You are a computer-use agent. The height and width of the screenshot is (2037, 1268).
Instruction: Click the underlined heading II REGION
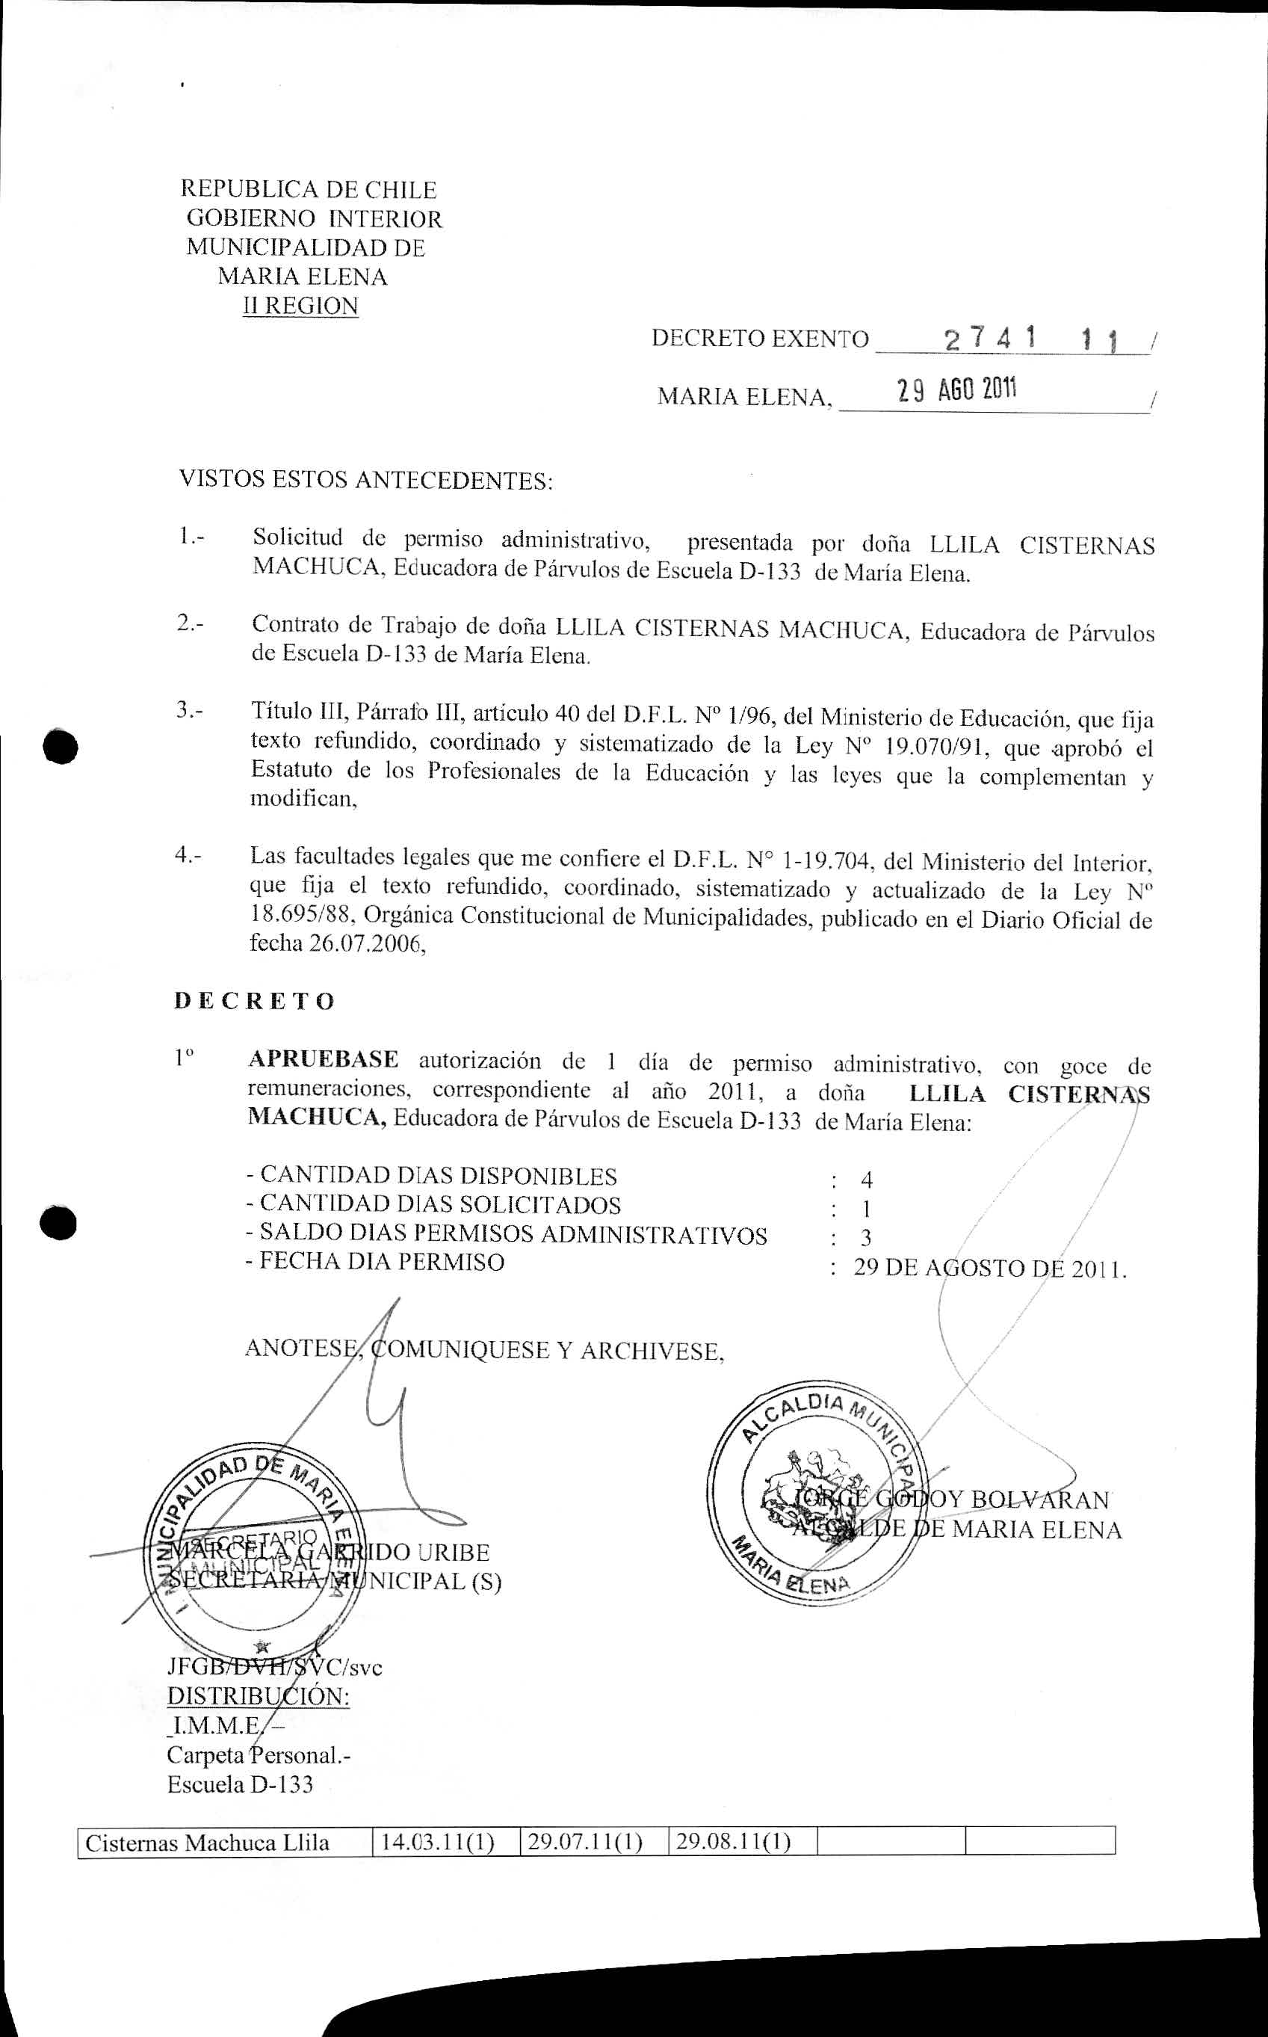pos(300,306)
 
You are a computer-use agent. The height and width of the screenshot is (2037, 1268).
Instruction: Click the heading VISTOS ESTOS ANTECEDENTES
pos(365,481)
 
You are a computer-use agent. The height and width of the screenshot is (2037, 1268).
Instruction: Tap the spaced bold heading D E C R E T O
pos(254,1001)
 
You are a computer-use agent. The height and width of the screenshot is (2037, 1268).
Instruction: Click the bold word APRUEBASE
pos(323,1059)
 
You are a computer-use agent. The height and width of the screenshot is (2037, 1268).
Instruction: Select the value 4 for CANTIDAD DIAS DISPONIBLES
pos(866,1180)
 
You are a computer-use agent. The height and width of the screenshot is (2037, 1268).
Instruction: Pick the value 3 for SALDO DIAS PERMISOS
pos(865,1237)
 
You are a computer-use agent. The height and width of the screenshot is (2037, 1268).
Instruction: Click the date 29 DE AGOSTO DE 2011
pos(989,1268)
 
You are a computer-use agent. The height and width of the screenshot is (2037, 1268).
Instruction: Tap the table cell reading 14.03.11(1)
pos(437,1843)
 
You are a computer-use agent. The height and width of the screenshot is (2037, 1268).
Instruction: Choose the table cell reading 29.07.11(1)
pos(585,1843)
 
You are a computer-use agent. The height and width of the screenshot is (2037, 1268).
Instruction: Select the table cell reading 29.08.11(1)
pos(734,1843)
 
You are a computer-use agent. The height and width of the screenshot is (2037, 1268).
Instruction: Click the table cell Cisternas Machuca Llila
pos(207,1843)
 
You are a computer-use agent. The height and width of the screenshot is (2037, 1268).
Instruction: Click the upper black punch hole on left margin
pos(61,746)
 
